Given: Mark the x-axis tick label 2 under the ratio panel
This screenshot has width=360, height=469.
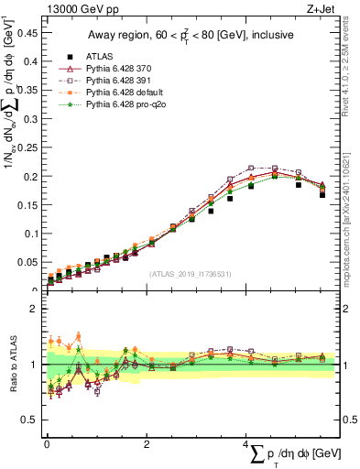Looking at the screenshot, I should [147, 444].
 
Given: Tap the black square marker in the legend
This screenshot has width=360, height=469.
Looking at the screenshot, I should [71, 56].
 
